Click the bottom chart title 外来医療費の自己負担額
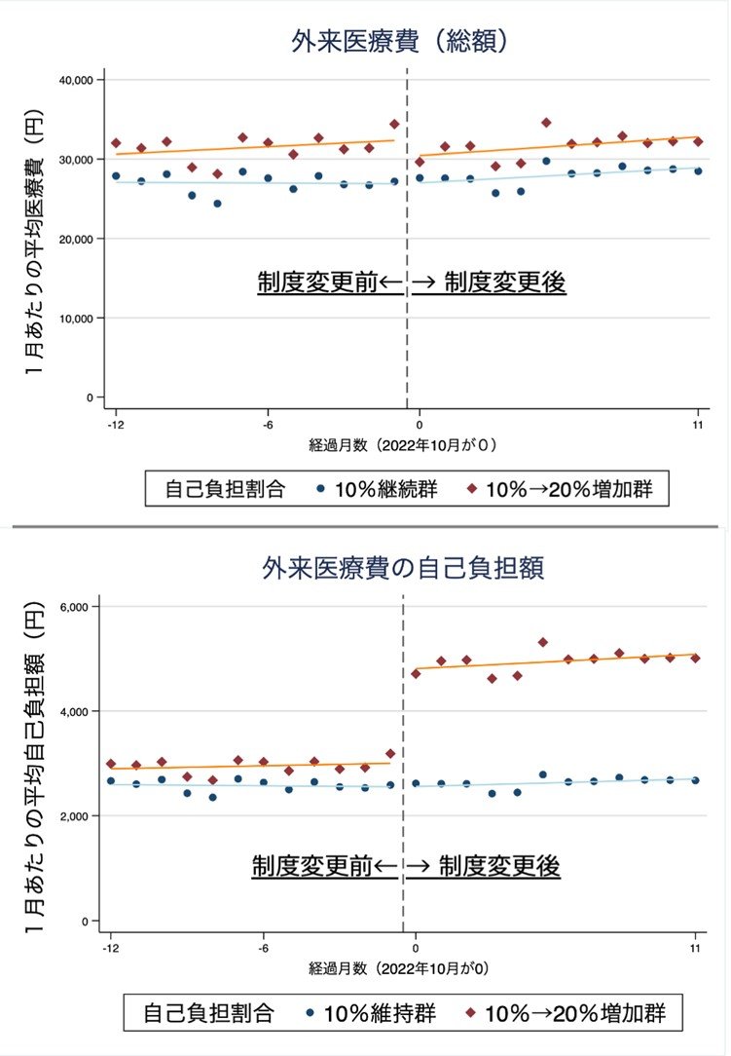(402, 566)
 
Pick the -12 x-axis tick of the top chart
(116, 425)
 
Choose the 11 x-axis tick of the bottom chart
(696, 947)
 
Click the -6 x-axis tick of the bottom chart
(264, 947)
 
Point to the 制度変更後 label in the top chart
(504, 283)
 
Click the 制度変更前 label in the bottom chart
(312, 866)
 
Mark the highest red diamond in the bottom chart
(543, 643)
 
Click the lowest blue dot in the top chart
(217, 204)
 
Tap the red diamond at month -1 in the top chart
(394, 125)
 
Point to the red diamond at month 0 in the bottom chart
(417, 673)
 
